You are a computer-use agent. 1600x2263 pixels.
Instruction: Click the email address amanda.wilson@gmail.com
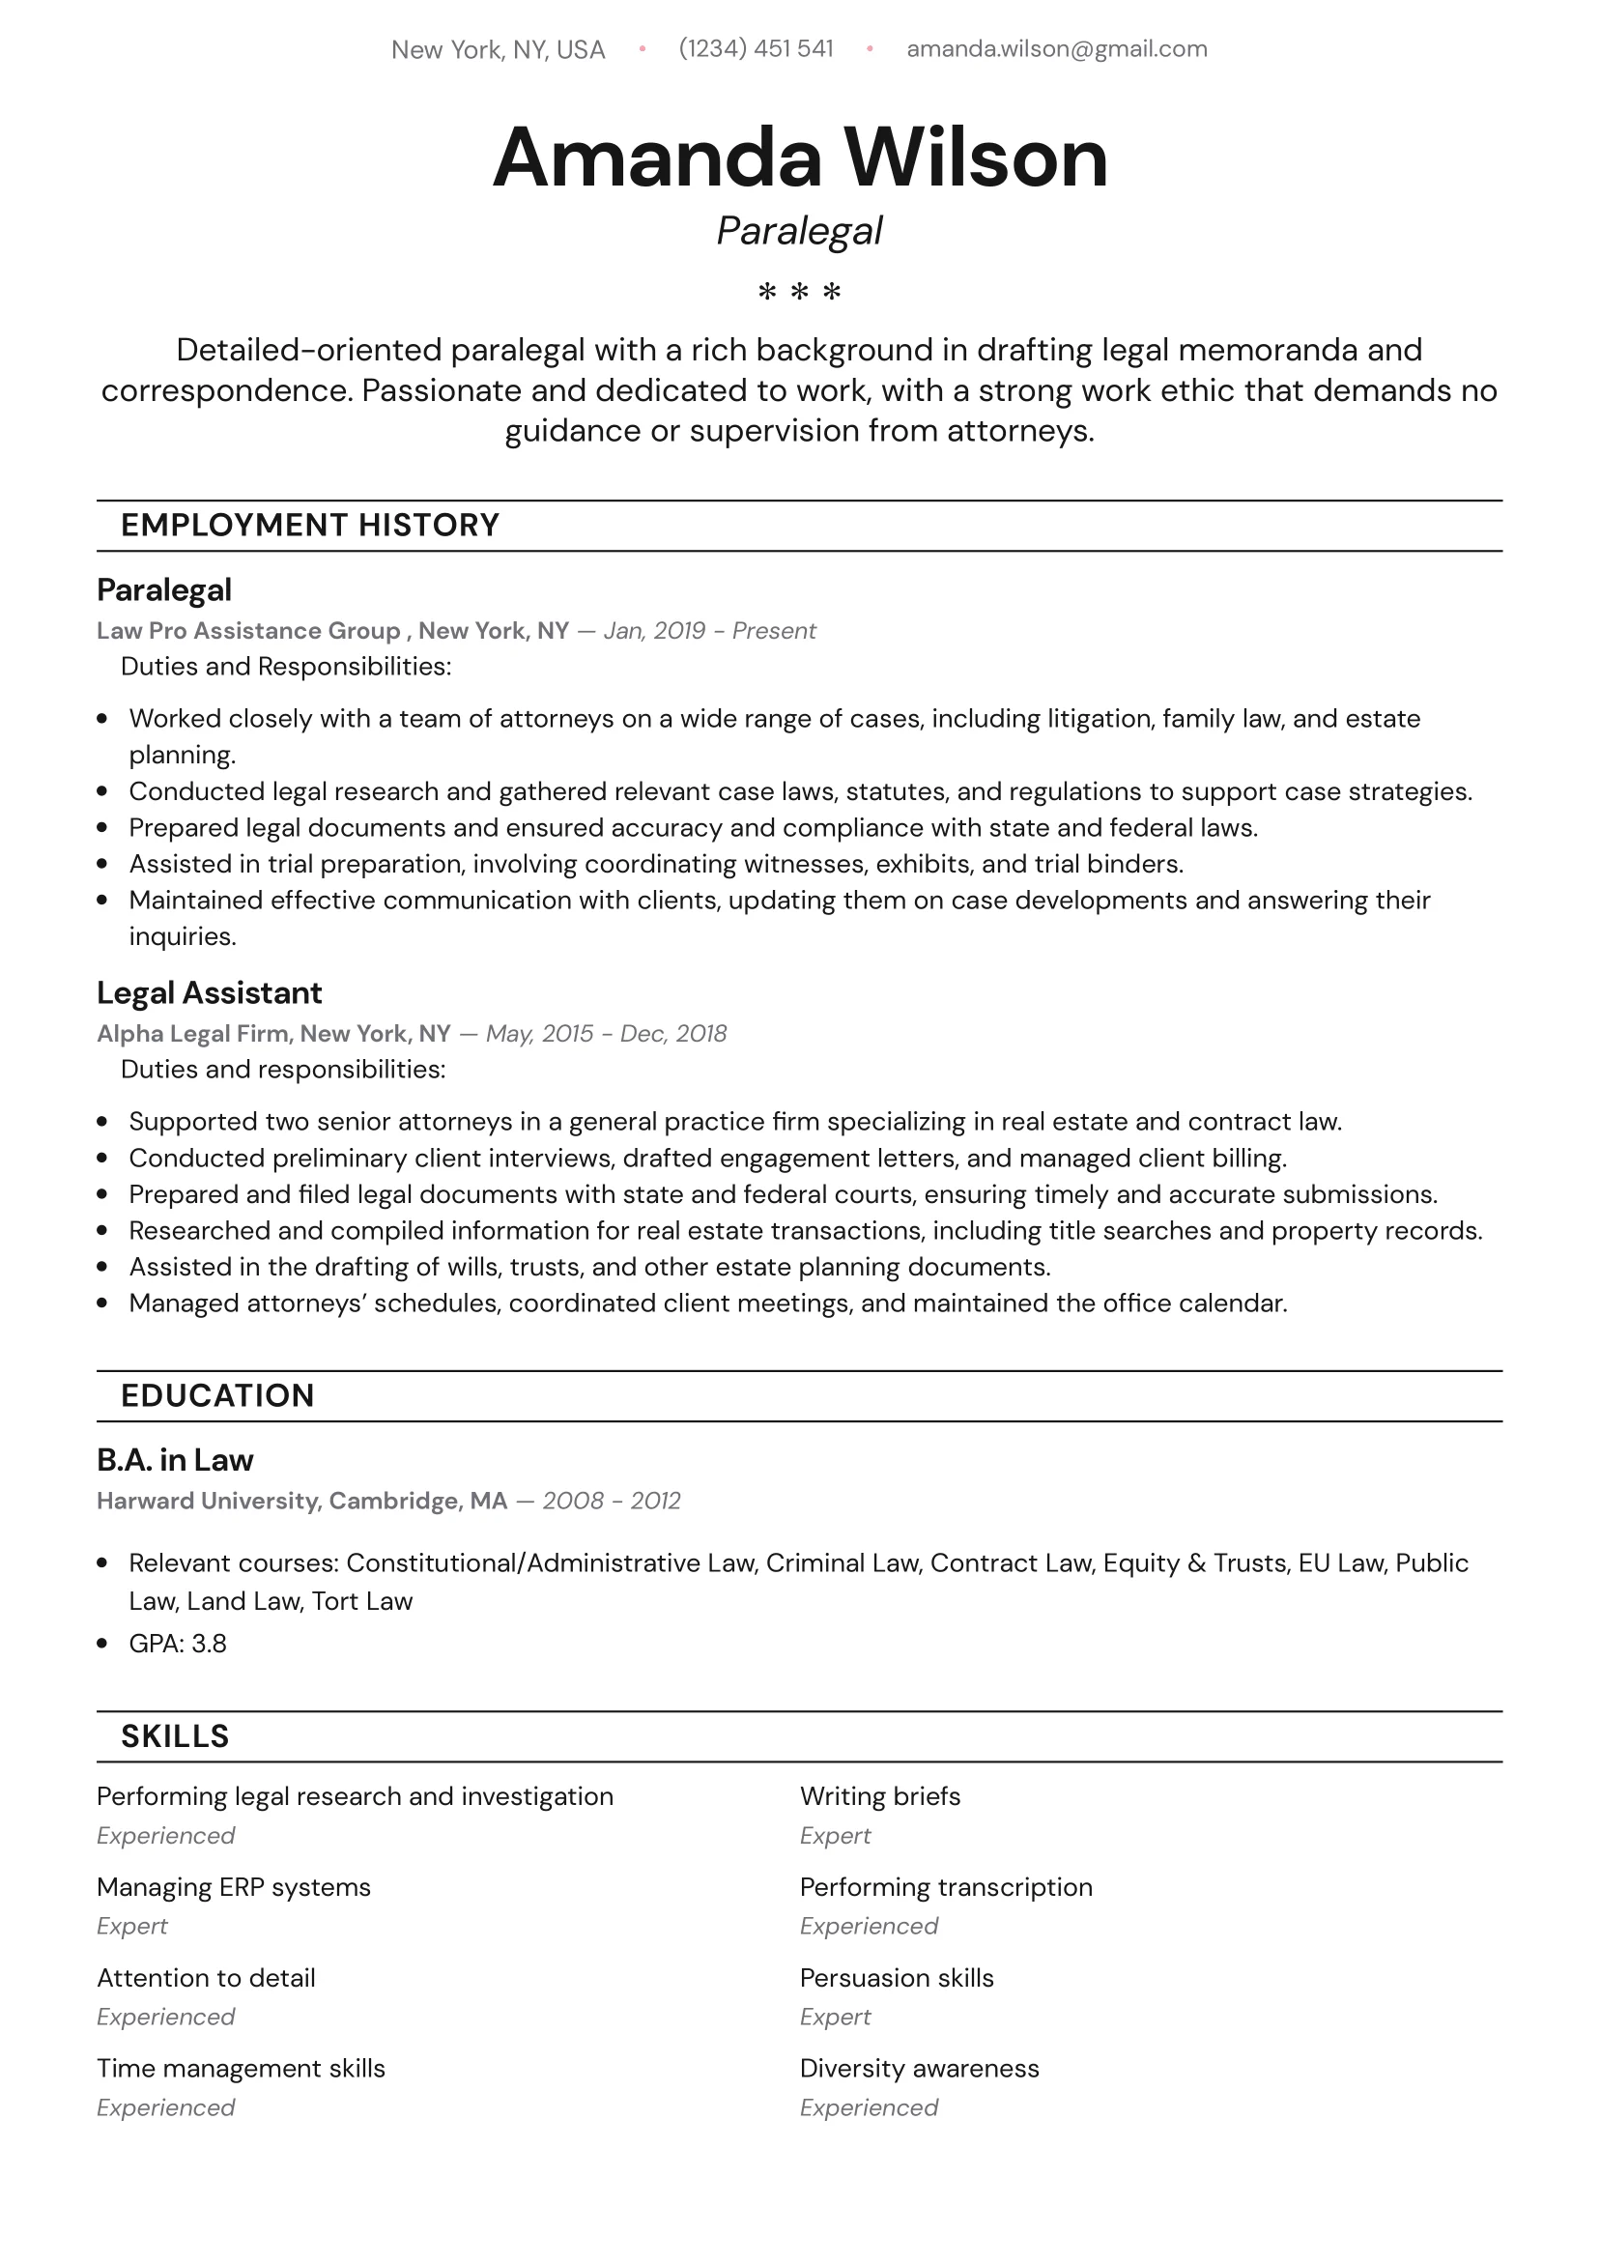click(x=1056, y=49)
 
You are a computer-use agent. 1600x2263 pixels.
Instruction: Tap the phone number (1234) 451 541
click(x=757, y=49)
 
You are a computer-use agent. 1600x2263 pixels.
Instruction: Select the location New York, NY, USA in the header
click(x=498, y=50)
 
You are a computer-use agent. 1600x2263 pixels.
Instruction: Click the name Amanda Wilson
click(x=799, y=158)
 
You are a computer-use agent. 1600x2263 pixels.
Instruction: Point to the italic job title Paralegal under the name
click(x=799, y=232)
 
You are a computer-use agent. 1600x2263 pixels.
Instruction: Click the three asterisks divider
click(x=799, y=292)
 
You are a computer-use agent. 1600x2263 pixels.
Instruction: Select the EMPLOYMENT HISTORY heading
click(x=309, y=526)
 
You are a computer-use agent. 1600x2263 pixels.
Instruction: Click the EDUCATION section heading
click(x=216, y=1395)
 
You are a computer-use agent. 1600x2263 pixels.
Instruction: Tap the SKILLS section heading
click(x=175, y=1736)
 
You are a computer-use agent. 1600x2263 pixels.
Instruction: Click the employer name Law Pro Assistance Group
click(x=248, y=631)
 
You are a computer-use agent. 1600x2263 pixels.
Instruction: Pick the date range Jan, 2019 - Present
click(x=710, y=631)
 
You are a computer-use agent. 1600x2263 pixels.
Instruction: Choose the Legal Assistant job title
click(x=209, y=992)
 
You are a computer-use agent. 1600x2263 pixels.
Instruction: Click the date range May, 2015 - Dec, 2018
click(x=607, y=1034)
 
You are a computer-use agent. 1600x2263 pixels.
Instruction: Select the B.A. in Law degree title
click(x=175, y=1460)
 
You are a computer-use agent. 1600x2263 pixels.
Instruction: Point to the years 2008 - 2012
click(x=612, y=1502)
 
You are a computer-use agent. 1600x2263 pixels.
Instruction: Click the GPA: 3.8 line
click(x=178, y=1644)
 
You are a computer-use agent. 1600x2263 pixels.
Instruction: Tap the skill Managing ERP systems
click(x=234, y=1887)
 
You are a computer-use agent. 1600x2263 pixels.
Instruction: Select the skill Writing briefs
click(x=879, y=1797)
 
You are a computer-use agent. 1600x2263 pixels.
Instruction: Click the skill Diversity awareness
click(x=919, y=2069)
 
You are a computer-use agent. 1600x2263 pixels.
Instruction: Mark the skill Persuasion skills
click(x=896, y=1978)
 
